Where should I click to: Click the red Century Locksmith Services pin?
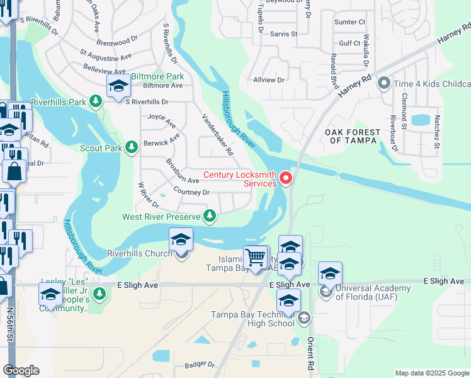286,179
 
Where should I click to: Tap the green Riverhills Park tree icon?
95,101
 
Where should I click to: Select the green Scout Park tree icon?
131,147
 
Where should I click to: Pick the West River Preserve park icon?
210,217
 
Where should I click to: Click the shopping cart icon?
255,257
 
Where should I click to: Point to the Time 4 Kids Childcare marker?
383,84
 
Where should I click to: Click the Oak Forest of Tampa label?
353,136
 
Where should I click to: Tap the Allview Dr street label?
269,80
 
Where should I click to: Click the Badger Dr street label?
200,365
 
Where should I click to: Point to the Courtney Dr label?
191,192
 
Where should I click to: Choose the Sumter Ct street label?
350,22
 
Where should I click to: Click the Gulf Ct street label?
349,43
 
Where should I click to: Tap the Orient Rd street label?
310,353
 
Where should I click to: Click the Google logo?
21,370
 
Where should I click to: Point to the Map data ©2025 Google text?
432,373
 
